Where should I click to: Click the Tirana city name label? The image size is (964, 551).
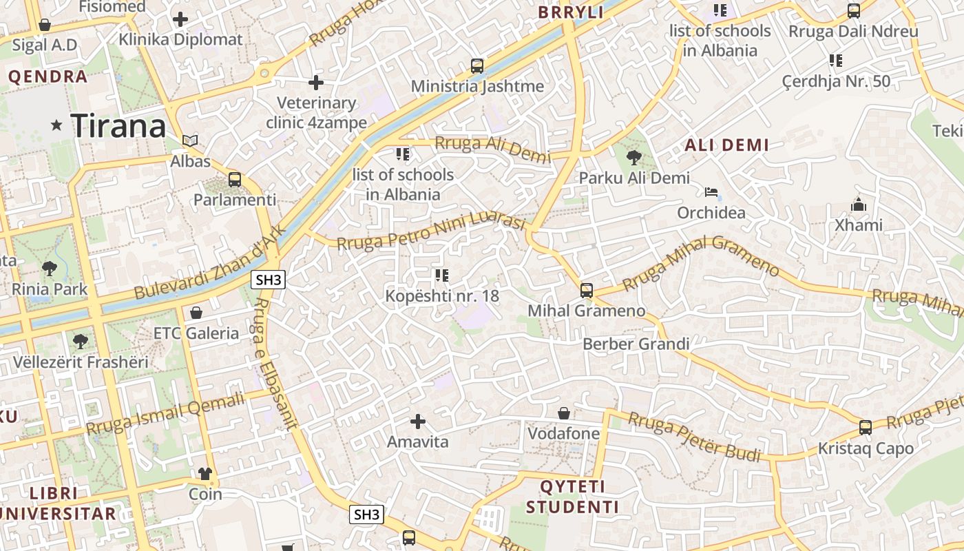[118, 125]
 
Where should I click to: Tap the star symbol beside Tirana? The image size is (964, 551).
[56, 125]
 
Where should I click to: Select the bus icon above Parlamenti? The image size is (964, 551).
[235, 180]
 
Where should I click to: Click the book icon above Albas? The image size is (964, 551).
[190, 141]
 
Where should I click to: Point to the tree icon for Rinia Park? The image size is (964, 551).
[49, 268]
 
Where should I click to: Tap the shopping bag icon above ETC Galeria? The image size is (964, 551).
[196, 313]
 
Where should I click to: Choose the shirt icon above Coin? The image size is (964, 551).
[205, 473]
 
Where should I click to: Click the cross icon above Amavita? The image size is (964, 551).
[417, 421]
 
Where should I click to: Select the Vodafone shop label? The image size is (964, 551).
[563, 433]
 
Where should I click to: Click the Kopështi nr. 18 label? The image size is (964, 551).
[442, 296]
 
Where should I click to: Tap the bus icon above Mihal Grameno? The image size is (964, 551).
[587, 291]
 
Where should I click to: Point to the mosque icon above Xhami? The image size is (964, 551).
[858, 205]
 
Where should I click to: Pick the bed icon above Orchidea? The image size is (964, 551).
[711, 192]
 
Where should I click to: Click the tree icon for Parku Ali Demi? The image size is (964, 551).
[633, 158]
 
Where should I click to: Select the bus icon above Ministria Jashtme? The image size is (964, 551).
[477, 66]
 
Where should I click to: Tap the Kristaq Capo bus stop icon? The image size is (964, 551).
[866, 428]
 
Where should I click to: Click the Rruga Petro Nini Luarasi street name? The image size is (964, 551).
[431, 231]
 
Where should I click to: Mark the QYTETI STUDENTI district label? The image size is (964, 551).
[572, 497]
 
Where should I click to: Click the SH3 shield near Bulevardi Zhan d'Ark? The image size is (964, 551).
[268, 280]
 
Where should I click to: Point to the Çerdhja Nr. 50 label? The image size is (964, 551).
[836, 81]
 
